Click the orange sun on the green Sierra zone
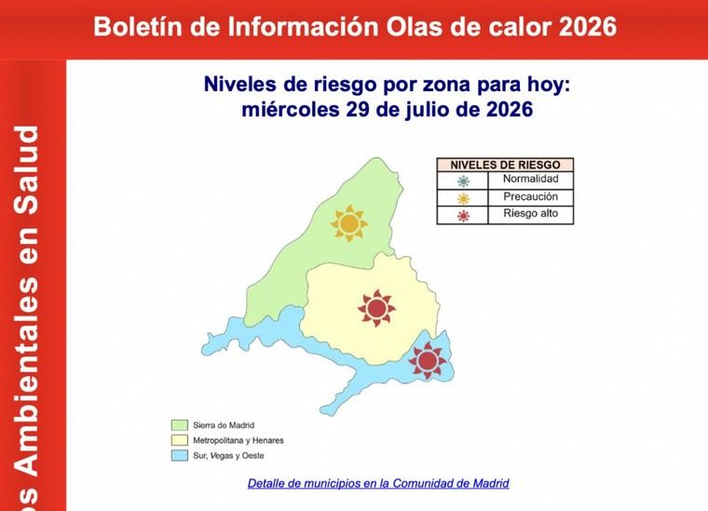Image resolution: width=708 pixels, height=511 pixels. (x=349, y=223)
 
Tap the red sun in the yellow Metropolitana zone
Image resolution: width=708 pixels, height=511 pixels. (x=376, y=308)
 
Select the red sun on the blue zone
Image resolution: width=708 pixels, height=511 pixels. (x=428, y=360)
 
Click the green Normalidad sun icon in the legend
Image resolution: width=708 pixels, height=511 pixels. (x=463, y=181)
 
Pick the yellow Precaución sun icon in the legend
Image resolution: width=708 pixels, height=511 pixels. (x=463, y=198)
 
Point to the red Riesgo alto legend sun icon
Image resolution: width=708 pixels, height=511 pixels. (x=463, y=216)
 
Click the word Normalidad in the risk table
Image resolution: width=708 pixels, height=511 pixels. (x=531, y=179)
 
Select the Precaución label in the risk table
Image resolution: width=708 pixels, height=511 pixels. (x=531, y=196)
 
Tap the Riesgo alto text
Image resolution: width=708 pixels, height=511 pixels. (x=531, y=213)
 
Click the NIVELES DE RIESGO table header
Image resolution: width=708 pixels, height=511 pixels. (x=505, y=165)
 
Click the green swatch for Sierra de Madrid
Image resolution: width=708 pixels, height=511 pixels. (x=179, y=425)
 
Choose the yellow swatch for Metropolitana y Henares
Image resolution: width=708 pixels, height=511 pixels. (x=179, y=440)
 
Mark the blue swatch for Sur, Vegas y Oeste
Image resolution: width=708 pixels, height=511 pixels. (x=179, y=455)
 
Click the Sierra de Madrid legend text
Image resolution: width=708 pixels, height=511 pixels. (x=224, y=425)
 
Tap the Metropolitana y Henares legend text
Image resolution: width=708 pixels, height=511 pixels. (x=238, y=440)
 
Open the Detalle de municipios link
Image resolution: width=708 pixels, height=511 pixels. (x=378, y=483)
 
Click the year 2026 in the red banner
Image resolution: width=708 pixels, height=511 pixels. (x=588, y=27)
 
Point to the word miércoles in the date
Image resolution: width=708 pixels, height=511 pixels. (x=291, y=110)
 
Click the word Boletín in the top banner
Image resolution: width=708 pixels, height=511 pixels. (x=138, y=27)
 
